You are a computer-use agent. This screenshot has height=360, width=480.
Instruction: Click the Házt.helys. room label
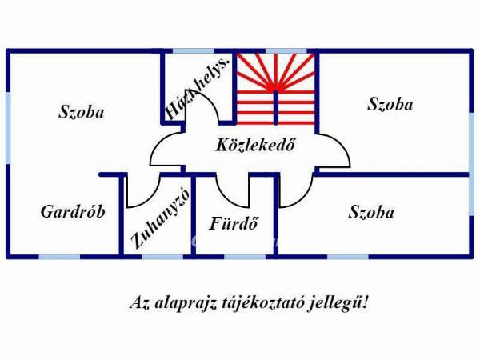(198, 89)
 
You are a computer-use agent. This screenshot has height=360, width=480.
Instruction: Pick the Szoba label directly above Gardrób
(82, 112)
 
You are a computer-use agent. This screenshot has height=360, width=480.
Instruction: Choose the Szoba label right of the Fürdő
(372, 212)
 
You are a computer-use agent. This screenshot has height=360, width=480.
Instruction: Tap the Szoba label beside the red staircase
(390, 104)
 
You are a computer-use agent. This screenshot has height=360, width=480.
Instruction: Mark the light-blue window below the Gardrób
(60, 256)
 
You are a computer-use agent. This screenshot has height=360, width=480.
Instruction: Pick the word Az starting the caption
(137, 304)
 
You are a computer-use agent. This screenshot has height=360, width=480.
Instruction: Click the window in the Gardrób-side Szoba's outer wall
(8, 112)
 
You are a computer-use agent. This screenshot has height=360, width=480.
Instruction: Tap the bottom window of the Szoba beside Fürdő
(348, 256)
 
